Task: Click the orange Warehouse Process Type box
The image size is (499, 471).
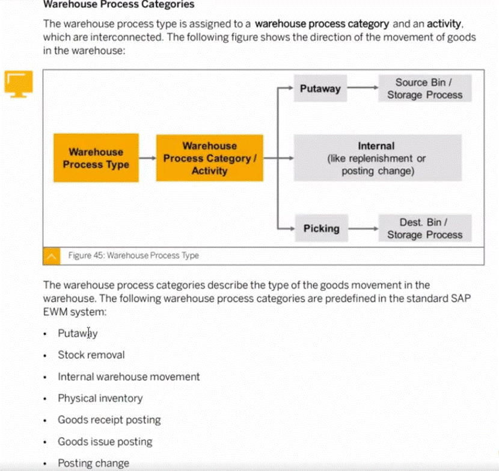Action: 96,158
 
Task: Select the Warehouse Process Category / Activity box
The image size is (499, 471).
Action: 209,158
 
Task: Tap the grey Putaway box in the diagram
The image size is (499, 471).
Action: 320,89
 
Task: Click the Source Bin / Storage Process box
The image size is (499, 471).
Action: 424,89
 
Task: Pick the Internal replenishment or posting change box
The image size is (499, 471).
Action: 377,158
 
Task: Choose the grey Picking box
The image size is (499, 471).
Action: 320,229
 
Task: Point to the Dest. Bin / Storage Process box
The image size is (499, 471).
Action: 424,229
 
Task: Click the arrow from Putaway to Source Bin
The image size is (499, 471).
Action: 363,89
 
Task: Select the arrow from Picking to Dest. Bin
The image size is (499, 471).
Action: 363,229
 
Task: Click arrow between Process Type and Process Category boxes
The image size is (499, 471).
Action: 147,158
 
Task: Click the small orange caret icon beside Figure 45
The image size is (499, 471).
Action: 52,256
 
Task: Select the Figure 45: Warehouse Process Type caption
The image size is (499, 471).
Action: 133,255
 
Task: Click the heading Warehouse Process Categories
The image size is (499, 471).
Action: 118,5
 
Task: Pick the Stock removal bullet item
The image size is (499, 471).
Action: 91,355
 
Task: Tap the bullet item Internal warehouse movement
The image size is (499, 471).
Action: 129,376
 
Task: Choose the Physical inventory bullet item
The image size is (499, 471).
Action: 100,398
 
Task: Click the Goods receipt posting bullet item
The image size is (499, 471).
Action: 109,420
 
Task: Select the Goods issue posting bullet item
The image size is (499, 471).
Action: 105,441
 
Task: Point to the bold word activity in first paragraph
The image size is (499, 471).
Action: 444,25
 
